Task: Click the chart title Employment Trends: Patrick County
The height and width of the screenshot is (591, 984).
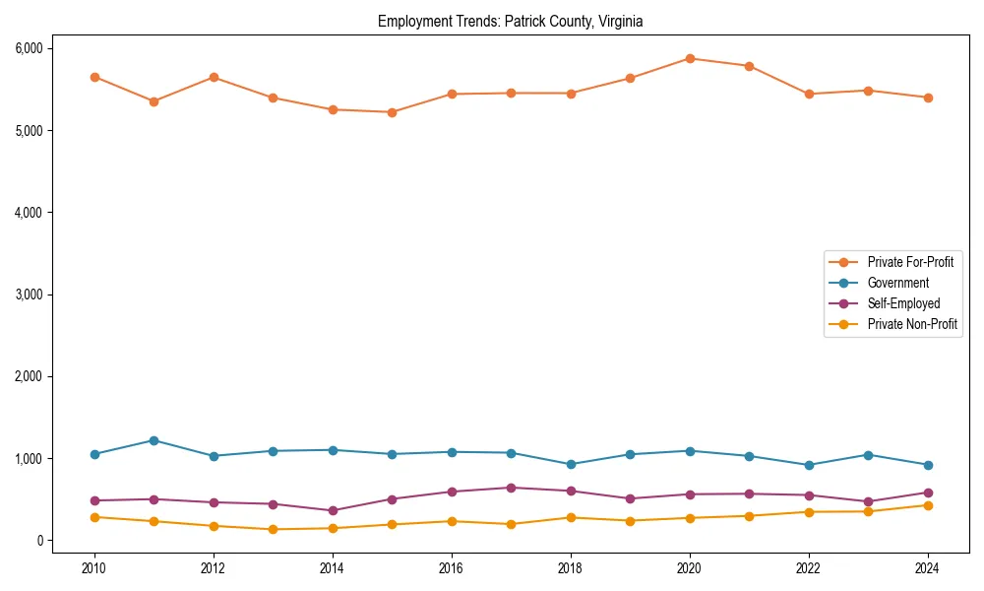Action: click(x=510, y=22)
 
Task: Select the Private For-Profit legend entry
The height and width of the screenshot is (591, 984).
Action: click(x=910, y=262)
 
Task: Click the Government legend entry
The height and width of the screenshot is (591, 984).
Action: click(x=897, y=283)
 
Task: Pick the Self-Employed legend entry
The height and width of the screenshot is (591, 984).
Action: click(x=903, y=303)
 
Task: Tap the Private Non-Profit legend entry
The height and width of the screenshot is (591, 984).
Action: click(x=912, y=324)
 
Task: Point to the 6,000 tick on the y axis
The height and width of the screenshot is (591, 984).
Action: click(x=28, y=48)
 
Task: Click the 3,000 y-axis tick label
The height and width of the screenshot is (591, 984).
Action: click(x=28, y=295)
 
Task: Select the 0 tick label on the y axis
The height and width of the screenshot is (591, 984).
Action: click(x=39, y=541)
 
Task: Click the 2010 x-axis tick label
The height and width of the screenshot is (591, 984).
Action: click(x=94, y=568)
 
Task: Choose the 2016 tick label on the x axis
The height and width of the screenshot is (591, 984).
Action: click(x=452, y=568)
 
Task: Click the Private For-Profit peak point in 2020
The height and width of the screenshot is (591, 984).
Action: click(x=690, y=58)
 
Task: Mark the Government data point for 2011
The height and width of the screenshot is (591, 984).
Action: click(x=154, y=440)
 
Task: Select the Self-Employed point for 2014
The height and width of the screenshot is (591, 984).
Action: click(x=333, y=510)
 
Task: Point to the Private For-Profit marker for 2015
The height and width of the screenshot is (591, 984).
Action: click(x=392, y=112)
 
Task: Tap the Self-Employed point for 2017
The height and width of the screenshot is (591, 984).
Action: click(x=511, y=488)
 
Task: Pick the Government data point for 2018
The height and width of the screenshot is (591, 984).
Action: click(x=571, y=464)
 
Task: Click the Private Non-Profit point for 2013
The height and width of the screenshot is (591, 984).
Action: click(x=273, y=529)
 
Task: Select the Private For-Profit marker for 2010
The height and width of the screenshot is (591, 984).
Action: click(x=94, y=77)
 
